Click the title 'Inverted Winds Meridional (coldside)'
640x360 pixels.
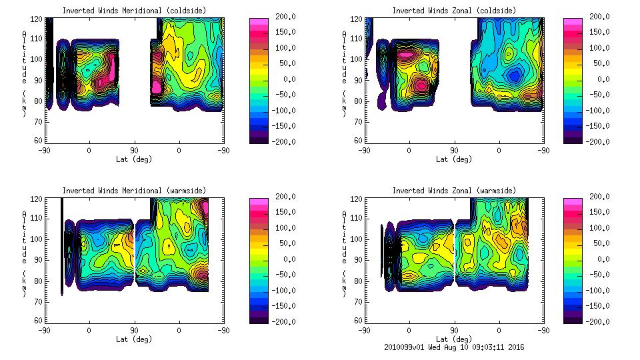[134, 10]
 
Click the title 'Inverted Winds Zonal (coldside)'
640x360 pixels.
[454, 10]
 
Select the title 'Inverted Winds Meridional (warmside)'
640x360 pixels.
[134, 191]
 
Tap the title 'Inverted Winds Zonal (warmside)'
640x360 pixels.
[454, 191]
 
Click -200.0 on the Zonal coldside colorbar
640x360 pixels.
[600, 141]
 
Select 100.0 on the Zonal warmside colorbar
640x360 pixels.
[600, 227]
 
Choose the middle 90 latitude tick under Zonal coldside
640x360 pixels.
[454, 151]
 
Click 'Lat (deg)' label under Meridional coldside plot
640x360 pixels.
[134, 159]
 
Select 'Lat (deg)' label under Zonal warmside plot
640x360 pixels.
[454, 339]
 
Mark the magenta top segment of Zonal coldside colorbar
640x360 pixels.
[571, 23]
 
